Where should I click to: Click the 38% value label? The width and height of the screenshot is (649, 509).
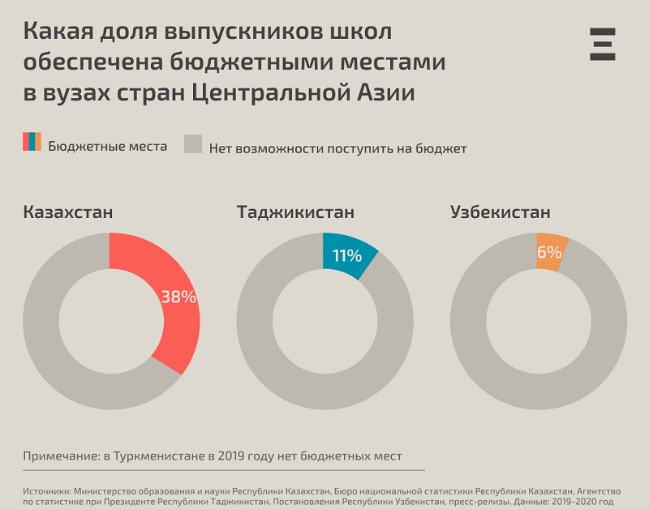coord(178,297)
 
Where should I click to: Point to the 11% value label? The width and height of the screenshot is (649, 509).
coord(346,256)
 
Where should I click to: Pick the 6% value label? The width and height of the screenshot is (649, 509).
coord(549,252)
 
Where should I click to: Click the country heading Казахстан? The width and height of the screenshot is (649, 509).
coord(68,212)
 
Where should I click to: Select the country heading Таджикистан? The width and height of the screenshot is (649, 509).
coord(295,212)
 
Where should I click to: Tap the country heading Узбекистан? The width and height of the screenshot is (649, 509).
coord(501,212)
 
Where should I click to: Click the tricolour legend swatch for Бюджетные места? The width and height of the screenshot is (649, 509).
coord(32,142)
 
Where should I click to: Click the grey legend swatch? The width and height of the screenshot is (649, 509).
coord(192,143)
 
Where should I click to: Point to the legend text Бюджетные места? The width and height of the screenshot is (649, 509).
coord(107,147)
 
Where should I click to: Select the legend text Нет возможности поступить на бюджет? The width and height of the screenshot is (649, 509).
coord(337,148)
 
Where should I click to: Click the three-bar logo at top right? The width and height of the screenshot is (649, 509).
coord(603,44)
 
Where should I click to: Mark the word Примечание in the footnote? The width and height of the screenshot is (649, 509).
coord(58,456)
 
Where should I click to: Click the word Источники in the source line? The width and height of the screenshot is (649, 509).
coord(45,492)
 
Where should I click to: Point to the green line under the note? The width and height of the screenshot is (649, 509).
coord(224,470)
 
